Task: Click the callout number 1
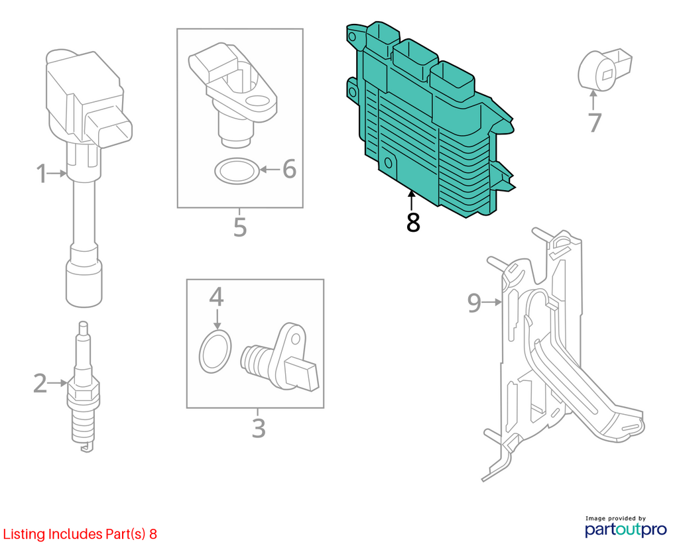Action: coord(41,174)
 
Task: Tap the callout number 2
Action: coord(40,384)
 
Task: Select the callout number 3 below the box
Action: coord(259,428)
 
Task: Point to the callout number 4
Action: coord(217,297)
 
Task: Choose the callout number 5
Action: coord(240,227)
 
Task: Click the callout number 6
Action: coord(289,169)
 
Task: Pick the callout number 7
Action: coord(595,123)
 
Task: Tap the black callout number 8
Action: coord(413,223)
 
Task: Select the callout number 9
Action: coord(474,302)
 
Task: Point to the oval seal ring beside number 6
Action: coord(237,171)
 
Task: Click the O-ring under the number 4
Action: coord(216,351)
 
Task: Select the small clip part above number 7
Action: coord(604,69)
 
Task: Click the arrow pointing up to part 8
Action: coord(411,201)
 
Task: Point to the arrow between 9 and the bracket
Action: coord(491,302)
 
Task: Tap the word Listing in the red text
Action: coord(25,534)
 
